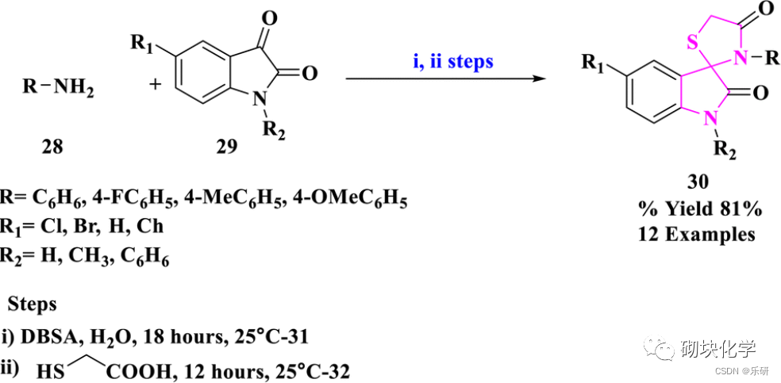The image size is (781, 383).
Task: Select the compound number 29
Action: tap(225, 147)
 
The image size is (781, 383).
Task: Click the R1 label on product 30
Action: tap(591, 63)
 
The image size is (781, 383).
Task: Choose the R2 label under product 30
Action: tap(722, 150)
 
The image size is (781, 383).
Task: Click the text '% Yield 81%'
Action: tap(699, 209)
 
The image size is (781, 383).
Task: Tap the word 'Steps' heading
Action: tap(33, 304)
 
